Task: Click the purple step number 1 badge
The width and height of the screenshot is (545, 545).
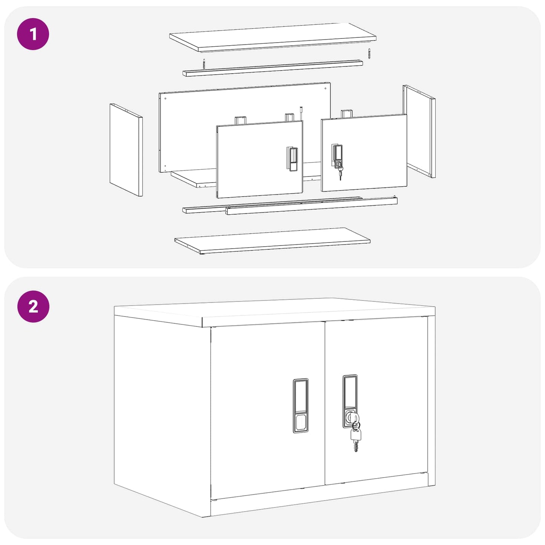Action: pos(33,34)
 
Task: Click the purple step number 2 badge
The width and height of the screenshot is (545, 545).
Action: pos(33,306)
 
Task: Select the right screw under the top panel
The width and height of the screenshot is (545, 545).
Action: pos(369,54)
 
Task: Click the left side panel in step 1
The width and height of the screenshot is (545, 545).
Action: pos(126,150)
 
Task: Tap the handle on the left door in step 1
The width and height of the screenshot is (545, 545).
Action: pos(292,159)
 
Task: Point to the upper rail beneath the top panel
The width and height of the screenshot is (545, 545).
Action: pos(272,68)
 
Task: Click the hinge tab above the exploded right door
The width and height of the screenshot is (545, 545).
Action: pos(346,114)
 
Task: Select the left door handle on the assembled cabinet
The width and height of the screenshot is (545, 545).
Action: pos(301,405)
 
